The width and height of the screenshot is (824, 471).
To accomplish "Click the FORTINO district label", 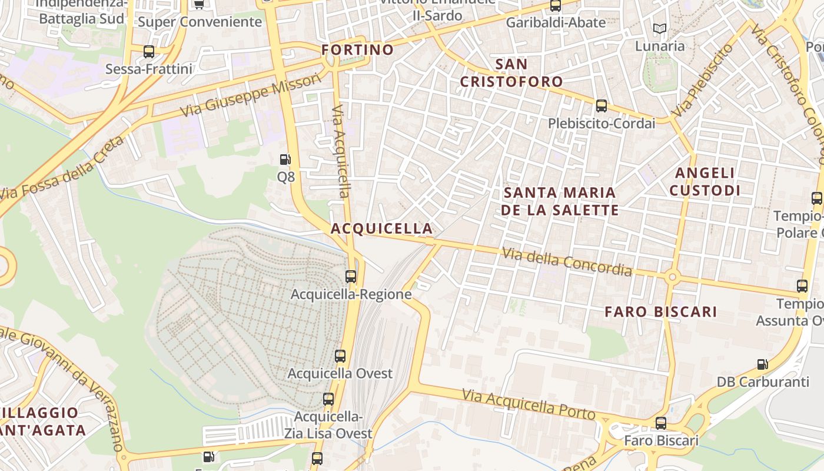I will coord(358,50).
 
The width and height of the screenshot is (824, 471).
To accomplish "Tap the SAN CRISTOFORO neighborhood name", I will coord(511,72).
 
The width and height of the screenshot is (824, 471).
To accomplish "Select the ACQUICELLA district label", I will coord(381,228).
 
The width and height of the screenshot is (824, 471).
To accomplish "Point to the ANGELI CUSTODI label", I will coord(705,181).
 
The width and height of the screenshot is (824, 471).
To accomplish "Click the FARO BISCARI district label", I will coord(661,312).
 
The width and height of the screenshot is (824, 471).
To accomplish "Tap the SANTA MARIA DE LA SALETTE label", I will coord(560,201).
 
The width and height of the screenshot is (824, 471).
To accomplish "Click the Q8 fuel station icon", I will coord(285,160).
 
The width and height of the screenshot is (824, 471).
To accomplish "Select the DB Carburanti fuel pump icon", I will coord(762,364).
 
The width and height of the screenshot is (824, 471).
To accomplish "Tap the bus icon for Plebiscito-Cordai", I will coord(601,106).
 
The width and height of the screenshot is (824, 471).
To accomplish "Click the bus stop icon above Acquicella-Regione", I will coord(351,276).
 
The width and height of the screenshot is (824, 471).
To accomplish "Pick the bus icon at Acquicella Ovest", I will coord(340,356).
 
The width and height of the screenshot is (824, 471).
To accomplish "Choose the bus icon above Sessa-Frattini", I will coord(149,52).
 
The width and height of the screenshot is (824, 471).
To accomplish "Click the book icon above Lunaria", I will coord(659,28).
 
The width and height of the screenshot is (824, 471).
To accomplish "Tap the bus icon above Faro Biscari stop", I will coord(661,423).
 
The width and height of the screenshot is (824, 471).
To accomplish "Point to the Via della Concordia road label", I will coord(566,262).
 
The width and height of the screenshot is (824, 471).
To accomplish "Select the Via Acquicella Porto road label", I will coord(529,404).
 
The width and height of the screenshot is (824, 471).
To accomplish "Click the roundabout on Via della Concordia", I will coord(672,276).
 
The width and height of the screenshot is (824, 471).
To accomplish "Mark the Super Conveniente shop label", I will coord(200,22).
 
